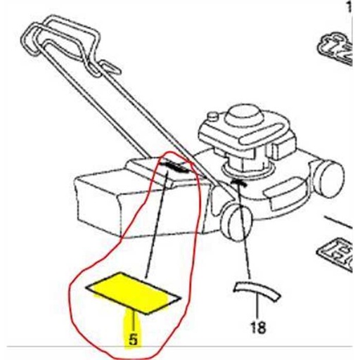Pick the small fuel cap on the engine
point(213,116)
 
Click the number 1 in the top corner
point(352,8)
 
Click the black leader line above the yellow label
point(156,225)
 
